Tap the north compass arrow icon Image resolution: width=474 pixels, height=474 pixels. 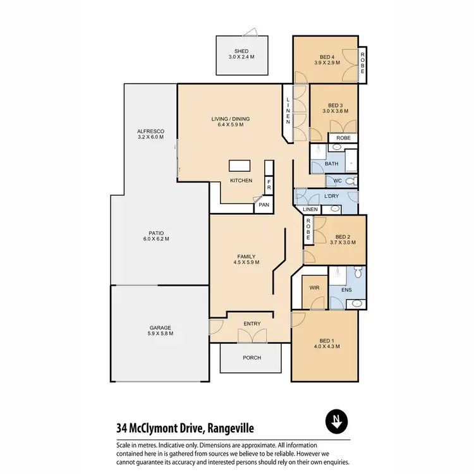pos(336,421)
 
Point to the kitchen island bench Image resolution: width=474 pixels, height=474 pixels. pos(240,166)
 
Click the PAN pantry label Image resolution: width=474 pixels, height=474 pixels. pos(264,205)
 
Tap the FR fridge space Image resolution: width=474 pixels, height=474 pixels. pos(269,186)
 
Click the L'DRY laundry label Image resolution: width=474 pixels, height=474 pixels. pos(332,197)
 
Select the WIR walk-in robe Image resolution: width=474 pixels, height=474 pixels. pos(314,288)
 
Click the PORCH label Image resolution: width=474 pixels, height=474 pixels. pos(252,358)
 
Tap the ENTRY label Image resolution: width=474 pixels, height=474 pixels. pos(252,324)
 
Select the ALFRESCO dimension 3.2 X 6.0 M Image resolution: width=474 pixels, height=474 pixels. pos(150,137)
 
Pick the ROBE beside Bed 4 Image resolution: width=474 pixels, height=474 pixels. pos(363,64)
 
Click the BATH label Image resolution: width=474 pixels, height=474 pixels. pos(332,164)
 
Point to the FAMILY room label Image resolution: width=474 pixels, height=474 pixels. pos(246,256)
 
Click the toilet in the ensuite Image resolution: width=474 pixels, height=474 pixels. pos(358,273)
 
